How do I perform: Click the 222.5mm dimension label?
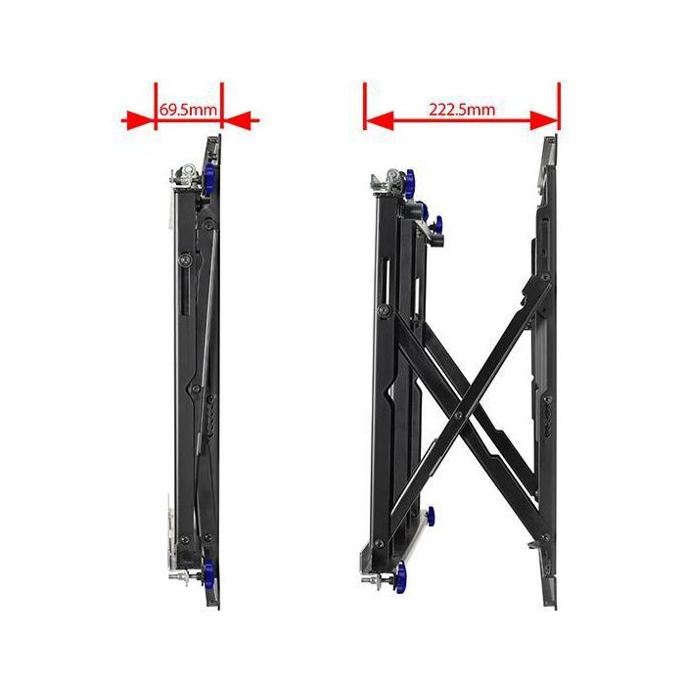pyautogui.click(x=461, y=109)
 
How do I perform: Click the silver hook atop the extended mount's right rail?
pyautogui.click(x=551, y=149)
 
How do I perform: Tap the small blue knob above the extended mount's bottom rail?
pyautogui.click(x=428, y=515)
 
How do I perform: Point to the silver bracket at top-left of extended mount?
pyautogui.click(x=385, y=180)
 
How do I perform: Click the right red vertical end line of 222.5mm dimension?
pyautogui.click(x=559, y=106)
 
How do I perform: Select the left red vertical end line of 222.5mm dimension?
pyautogui.click(x=364, y=106)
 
